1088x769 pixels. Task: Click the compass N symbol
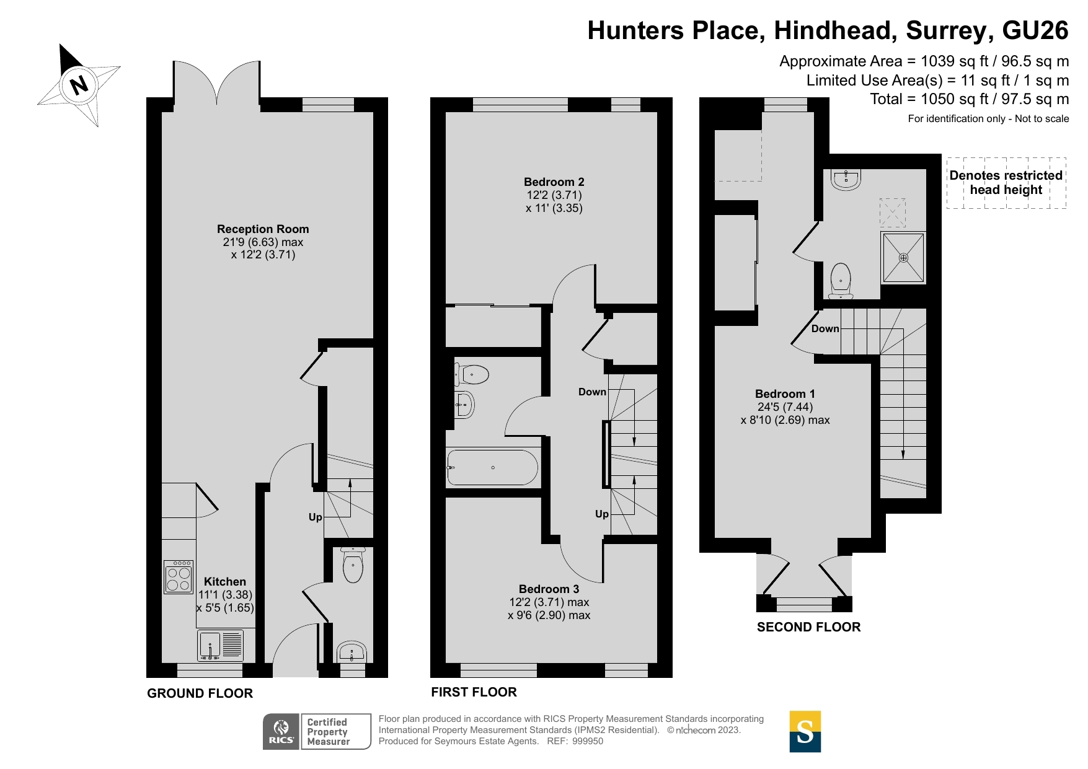pyautogui.click(x=79, y=84)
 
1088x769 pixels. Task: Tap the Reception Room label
pyautogui.click(x=263, y=229)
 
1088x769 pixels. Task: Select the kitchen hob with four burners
pyautogui.click(x=179, y=577)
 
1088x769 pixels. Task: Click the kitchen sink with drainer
pyautogui.click(x=220, y=645)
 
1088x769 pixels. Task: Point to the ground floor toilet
pyautogui.click(x=353, y=565)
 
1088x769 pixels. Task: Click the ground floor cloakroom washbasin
pyautogui.click(x=352, y=652)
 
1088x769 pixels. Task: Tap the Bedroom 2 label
pyautogui.click(x=554, y=182)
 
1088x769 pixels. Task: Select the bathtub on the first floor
pyautogui.click(x=492, y=467)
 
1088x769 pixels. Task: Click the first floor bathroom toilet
pyautogui.click(x=472, y=374)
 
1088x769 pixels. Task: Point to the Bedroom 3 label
pyautogui.click(x=549, y=589)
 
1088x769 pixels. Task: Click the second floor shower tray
pyautogui.click(x=903, y=258)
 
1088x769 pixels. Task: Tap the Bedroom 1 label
pyautogui.click(x=785, y=394)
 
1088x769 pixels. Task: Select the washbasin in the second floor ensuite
pyautogui.click(x=846, y=179)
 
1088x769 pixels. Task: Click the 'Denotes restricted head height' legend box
pyautogui.click(x=1006, y=183)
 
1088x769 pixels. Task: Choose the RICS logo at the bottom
pyautogui.click(x=281, y=732)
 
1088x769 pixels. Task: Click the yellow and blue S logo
pyautogui.click(x=805, y=732)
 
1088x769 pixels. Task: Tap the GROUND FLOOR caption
pyautogui.click(x=200, y=693)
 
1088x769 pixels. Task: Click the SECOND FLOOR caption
pyautogui.click(x=809, y=627)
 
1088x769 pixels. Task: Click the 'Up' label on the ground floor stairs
pyautogui.click(x=316, y=517)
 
